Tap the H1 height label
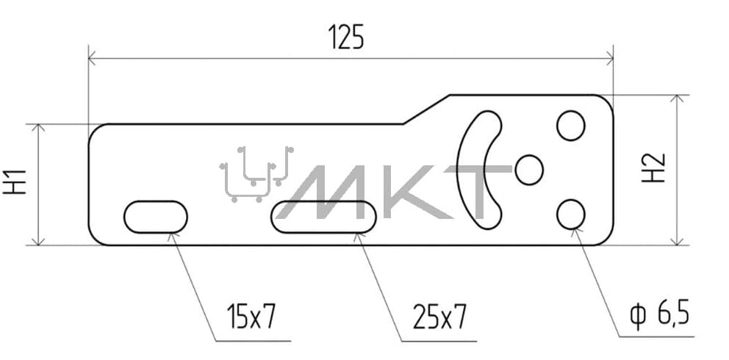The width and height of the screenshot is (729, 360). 15,181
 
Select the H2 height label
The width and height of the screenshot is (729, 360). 653,168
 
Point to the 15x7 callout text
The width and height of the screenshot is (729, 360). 251,316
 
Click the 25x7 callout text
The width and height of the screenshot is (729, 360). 439,317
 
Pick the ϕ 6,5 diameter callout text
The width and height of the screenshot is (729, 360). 659,314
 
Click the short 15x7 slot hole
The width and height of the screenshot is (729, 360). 156,217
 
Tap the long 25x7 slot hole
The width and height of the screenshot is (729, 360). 323,217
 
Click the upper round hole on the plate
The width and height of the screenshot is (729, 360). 570,126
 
